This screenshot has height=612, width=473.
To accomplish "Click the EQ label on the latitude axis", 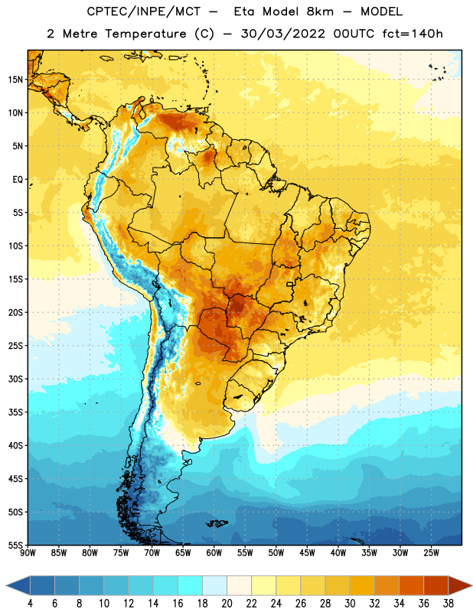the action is coord(18,180).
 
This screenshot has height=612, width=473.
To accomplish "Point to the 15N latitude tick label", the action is coord(15,80).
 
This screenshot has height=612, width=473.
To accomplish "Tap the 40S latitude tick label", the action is coord(15,445).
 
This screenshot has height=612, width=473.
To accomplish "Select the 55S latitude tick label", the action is coord(15,545).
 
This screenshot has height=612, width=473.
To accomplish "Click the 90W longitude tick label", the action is coord(28,553).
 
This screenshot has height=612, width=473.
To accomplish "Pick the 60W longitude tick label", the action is coord(214,553).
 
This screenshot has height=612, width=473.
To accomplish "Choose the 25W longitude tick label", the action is coord(431,553).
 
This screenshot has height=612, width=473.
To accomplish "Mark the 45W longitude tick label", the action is coord(307,553).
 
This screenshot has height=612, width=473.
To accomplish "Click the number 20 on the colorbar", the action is coord(227,604).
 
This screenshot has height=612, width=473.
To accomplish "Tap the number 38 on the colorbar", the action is coord(448,604).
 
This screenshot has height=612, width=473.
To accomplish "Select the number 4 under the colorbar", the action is coord(30,604).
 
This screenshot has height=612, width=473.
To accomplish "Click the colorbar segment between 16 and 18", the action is coord(191,585).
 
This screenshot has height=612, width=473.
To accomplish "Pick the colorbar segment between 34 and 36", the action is coord(411,585).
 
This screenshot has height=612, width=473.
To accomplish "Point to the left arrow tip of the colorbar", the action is coord(6,585).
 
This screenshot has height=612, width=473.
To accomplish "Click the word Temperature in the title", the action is coord(145,34).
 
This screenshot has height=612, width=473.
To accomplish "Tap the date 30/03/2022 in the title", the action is coord(283,34).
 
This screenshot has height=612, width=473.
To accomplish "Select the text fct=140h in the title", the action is coord(413,34).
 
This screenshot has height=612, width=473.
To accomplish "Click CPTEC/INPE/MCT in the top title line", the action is coord(144,11).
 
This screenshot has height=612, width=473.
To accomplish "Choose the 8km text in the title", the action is coord(320,11).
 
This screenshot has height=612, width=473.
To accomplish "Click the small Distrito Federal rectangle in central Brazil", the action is coord(290,284).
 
